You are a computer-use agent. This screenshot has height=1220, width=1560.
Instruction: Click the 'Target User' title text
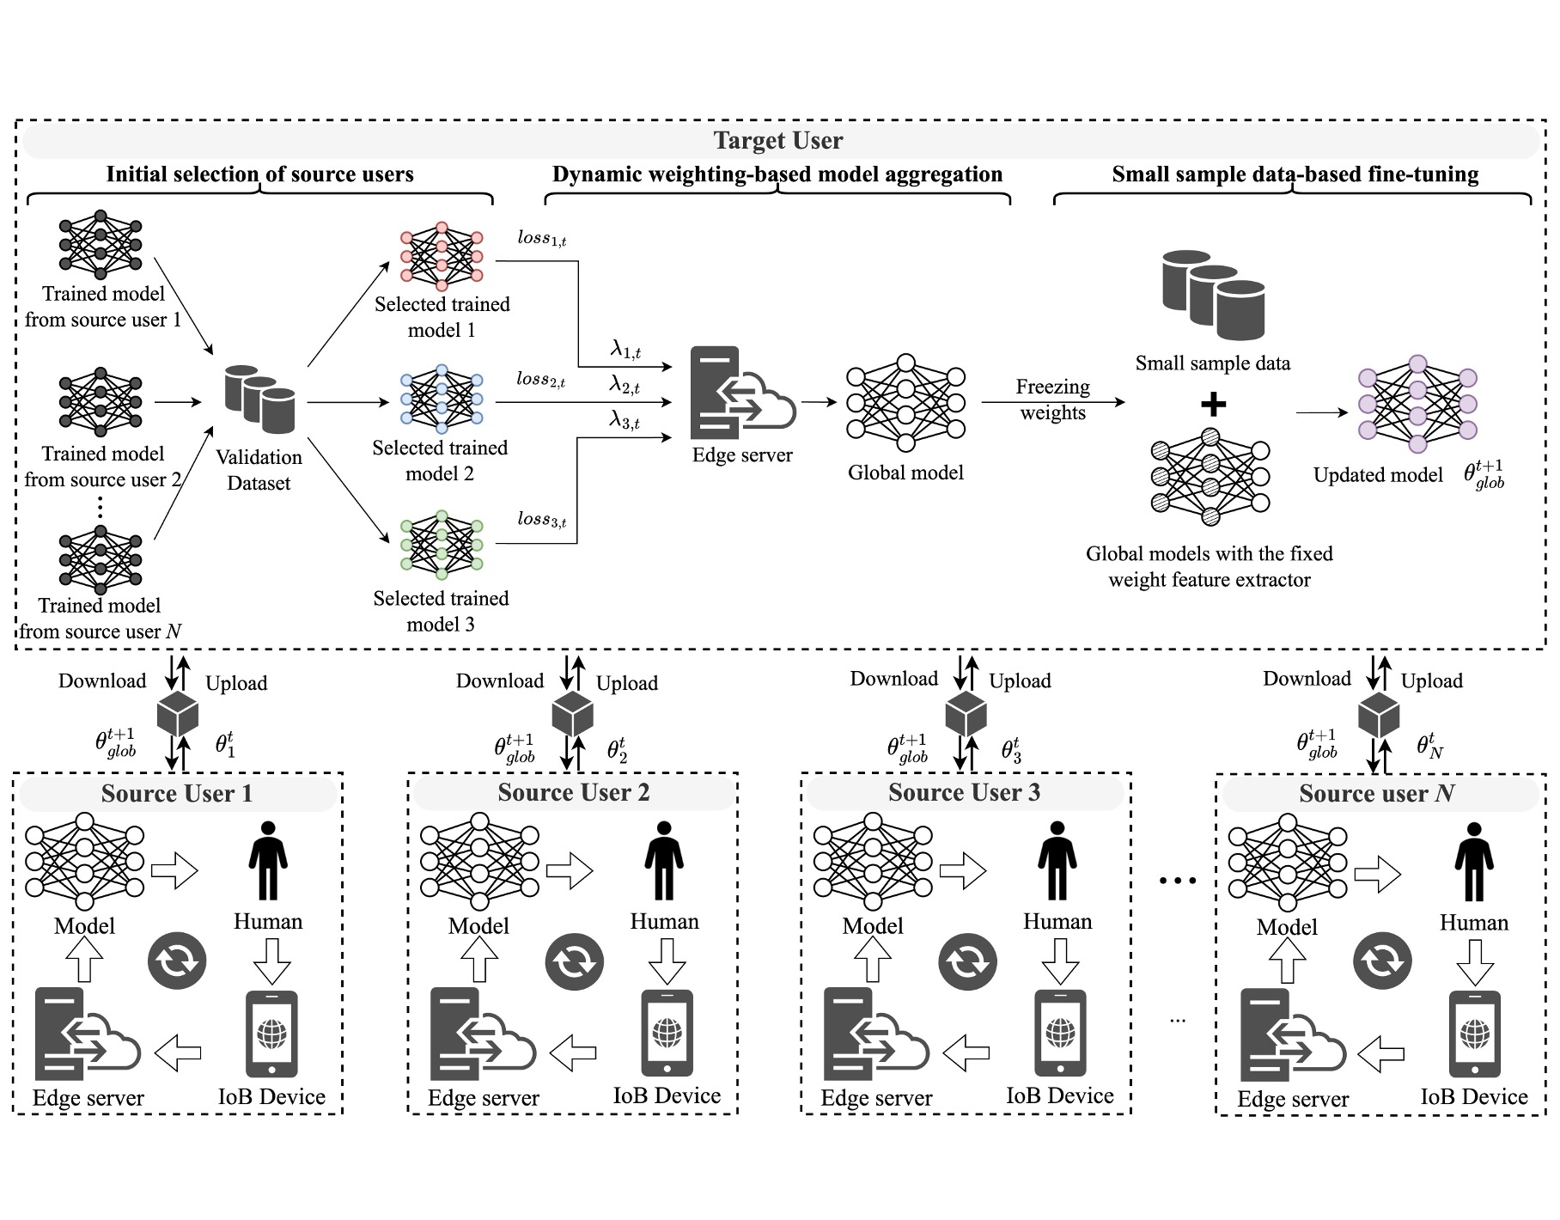(x=778, y=140)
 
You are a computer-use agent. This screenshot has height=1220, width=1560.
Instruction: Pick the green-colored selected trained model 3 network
(x=442, y=546)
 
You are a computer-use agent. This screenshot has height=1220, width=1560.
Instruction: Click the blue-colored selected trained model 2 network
(x=442, y=400)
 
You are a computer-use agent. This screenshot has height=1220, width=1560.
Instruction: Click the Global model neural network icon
(x=905, y=402)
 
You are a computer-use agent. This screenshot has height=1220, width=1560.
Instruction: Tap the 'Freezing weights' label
(x=1052, y=400)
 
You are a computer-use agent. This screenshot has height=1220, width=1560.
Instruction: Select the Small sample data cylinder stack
(x=1213, y=295)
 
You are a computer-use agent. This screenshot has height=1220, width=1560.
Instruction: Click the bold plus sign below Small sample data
(x=1213, y=404)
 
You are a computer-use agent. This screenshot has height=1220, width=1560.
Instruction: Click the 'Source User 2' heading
(x=574, y=792)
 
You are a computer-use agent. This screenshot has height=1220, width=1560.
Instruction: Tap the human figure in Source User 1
(x=268, y=861)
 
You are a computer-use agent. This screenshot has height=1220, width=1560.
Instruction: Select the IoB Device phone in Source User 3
(x=1060, y=1034)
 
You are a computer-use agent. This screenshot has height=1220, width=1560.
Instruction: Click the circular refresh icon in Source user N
(x=1382, y=961)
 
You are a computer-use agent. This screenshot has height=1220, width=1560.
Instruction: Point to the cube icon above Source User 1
(x=178, y=713)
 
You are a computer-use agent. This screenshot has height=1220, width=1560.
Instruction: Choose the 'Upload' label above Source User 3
(x=1020, y=681)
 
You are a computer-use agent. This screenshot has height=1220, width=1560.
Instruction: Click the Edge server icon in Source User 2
(x=481, y=1034)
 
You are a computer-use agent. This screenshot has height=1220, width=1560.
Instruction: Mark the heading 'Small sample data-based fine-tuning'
(x=1295, y=174)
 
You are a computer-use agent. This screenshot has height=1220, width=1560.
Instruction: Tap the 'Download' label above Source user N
(x=1307, y=679)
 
